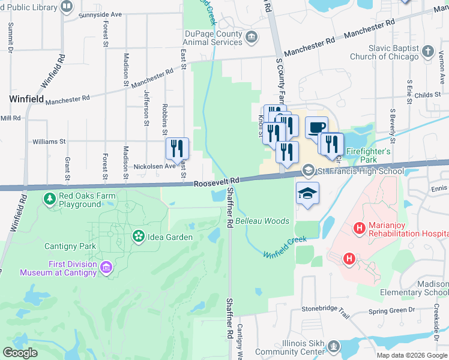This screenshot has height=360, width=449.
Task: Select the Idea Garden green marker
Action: (x=139, y=236)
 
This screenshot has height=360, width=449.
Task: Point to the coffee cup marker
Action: (x=316, y=127)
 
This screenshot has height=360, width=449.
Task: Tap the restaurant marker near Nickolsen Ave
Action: (x=177, y=149)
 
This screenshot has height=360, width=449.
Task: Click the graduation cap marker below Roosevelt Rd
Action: (x=307, y=194)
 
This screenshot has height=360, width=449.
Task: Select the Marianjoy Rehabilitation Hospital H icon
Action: (x=360, y=228)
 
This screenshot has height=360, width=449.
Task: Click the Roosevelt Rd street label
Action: (x=217, y=182)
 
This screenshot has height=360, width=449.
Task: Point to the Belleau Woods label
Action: (x=262, y=221)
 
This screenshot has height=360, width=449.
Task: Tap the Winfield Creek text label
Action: (x=285, y=247)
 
